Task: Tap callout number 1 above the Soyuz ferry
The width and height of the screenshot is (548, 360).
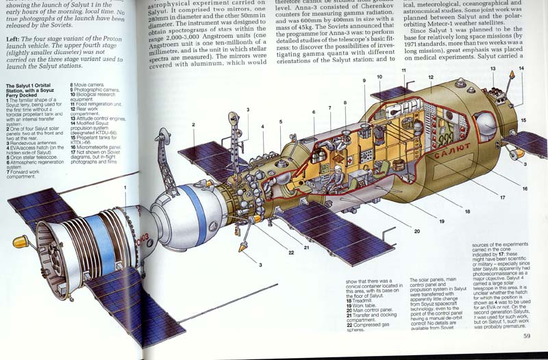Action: click(x=125, y=187)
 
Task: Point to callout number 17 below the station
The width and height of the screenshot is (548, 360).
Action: click(x=503, y=198)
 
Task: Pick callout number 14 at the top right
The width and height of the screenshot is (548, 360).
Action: click(x=521, y=68)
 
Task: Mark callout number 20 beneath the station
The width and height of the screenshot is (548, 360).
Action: click(x=416, y=231)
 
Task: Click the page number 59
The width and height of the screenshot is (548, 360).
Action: click(x=527, y=335)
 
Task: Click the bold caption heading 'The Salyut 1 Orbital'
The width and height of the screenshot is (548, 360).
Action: click(x=34, y=90)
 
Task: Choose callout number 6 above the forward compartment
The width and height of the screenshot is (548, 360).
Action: click(x=313, y=112)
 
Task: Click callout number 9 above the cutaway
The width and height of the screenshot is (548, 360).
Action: click(x=365, y=80)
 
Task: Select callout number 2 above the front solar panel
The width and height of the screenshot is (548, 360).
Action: click(x=195, y=125)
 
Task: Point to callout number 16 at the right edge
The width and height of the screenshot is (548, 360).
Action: click(x=525, y=188)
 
